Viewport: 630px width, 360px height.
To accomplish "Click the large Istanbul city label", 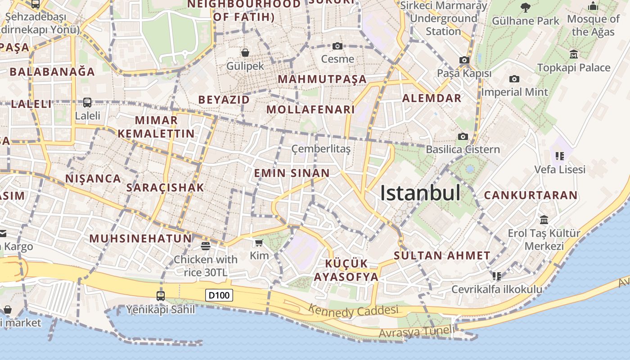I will pyautogui.click(x=420, y=193).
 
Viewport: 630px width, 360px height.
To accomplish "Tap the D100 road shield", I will pyautogui.click(x=220, y=296).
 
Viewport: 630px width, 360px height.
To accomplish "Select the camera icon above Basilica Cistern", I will pyautogui.click(x=463, y=136).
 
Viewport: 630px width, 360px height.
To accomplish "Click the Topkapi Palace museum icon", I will pyautogui.click(x=574, y=54).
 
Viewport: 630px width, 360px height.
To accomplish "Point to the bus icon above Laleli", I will pyautogui.click(x=87, y=103).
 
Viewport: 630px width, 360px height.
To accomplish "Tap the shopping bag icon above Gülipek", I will pyautogui.click(x=245, y=53).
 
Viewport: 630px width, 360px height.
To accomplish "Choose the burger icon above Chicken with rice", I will pyautogui.click(x=206, y=246).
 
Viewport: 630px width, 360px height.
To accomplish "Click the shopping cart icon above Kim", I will pyautogui.click(x=259, y=243).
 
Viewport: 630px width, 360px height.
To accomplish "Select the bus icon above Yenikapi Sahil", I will pyautogui.click(x=161, y=296).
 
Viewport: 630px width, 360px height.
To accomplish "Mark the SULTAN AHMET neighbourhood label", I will pyautogui.click(x=442, y=256).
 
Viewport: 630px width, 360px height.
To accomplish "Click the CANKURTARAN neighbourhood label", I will pyautogui.click(x=531, y=195).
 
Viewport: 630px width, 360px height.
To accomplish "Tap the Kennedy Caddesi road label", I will pyautogui.click(x=354, y=310).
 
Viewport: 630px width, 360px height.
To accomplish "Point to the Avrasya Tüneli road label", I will pyautogui.click(x=417, y=332).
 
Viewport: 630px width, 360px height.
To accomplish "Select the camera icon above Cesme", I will pyautogui.click(x=337, y=46).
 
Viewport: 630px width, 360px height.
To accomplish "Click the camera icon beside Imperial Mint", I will pyautogui.click(x=514, y=79).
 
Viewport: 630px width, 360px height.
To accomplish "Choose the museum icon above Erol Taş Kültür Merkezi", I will pyautogui.click(x=544, y=220).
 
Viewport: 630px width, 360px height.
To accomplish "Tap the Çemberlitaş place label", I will pyautogui.click(x=321, y=148).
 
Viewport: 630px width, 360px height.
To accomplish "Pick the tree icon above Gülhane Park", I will pyautogui.click(x=525, y=7).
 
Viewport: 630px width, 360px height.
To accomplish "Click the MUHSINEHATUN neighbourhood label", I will pyautogui.click(x=140, y=238).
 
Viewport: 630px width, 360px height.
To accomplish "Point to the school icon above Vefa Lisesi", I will pyautogui.click(x=560, y=156).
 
